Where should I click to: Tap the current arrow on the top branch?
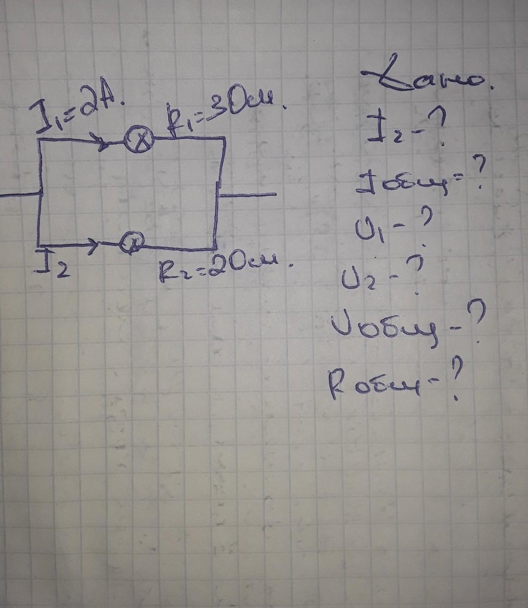pyautogui.click(x=102, y=143)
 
